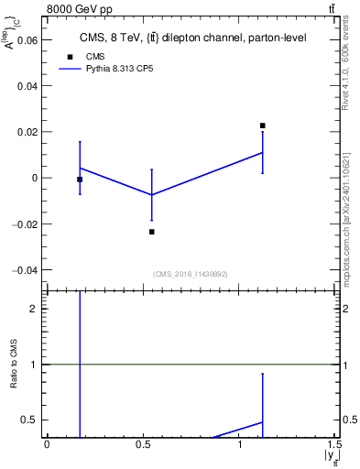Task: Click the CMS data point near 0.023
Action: (262, 125)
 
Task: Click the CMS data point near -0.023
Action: (151, 232)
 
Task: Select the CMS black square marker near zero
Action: (80, 180)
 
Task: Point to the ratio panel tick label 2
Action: (33, 309)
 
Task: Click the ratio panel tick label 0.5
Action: (28, 420)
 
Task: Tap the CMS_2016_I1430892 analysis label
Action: (190, 274)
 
